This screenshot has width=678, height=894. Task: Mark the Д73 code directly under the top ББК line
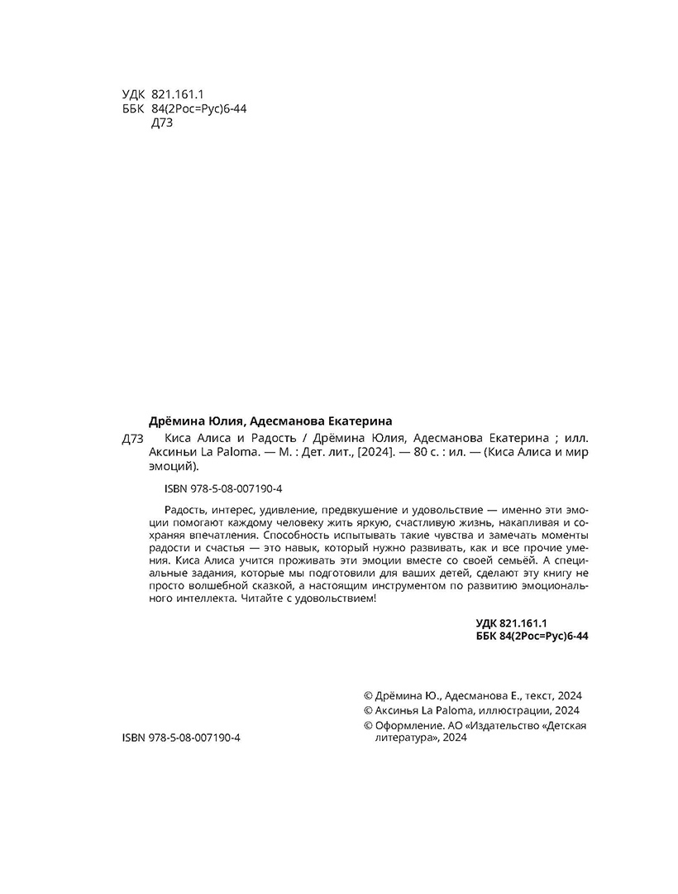coord(163,123)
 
